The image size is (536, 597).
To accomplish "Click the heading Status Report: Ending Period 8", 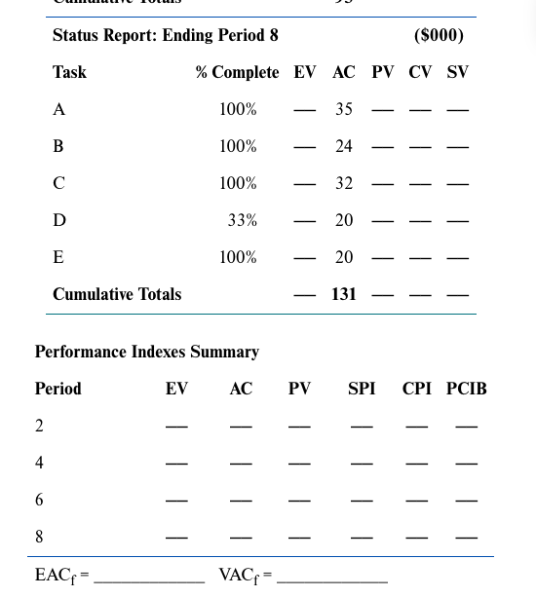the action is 166,36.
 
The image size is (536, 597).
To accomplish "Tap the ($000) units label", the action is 439,36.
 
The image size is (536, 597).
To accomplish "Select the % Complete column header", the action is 237,73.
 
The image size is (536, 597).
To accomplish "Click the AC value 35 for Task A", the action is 344,109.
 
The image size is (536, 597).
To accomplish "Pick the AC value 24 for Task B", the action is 344,146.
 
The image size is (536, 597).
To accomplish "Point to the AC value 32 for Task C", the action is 344,183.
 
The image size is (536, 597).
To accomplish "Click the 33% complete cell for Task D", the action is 242,220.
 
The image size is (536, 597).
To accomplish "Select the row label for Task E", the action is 58,257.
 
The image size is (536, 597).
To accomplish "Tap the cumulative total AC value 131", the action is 344,294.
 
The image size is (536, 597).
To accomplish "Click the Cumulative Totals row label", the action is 117,294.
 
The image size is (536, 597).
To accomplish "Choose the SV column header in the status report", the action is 457,73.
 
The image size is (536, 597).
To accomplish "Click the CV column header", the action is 420,73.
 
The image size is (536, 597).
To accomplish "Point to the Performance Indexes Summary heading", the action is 147,352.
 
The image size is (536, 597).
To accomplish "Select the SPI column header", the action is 362,389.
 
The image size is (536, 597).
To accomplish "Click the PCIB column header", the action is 467,389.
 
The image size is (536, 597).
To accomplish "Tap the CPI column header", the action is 417,389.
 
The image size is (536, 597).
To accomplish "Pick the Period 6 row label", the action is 39,500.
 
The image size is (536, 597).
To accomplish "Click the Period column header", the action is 58,389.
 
